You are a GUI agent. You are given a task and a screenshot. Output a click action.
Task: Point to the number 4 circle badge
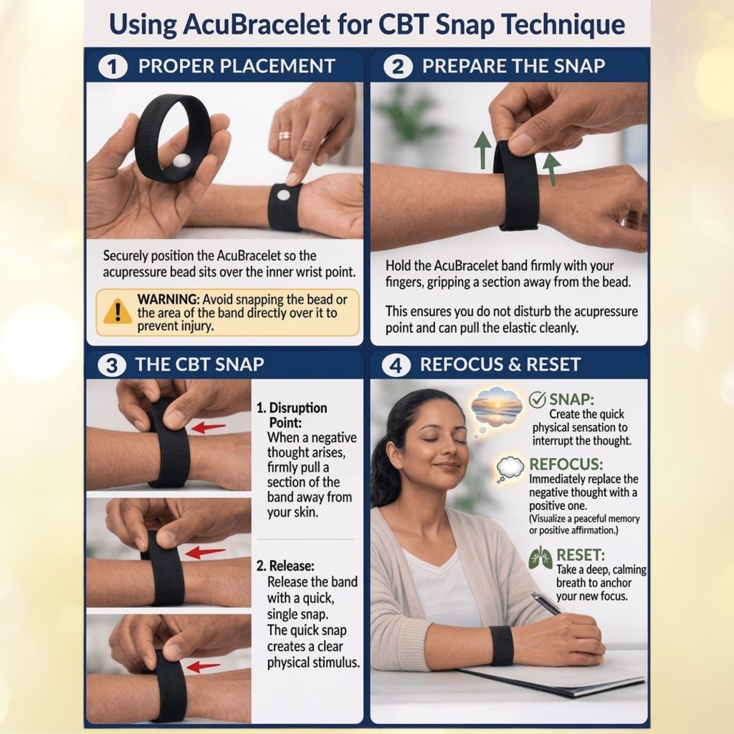pyautogui.click(x=396, y=365)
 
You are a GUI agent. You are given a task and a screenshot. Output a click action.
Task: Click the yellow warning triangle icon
pyautogui.click(x=117, y=311)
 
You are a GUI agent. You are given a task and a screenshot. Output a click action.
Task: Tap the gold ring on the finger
pyautogui.click(x=284, y=136)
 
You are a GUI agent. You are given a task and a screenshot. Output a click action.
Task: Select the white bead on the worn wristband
pyautogui.click(x=283, y=195)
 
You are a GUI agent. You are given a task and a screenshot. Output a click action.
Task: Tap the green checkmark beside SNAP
pyautogui.click(x=537, y=400)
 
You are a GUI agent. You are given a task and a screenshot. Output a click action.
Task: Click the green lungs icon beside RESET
pyautogui.click(x=540, y=558)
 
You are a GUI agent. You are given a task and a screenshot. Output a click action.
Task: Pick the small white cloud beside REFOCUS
pyautogui.click(x=509, y=466)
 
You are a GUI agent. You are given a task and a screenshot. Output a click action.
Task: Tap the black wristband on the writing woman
pyautogui.click(x=501, y=645)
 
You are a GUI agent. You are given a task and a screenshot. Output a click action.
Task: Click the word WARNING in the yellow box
pyautogui.click(x=168, y=299)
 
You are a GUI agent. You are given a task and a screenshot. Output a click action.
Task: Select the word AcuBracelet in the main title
pyautogui.click(x=256, y=25)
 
